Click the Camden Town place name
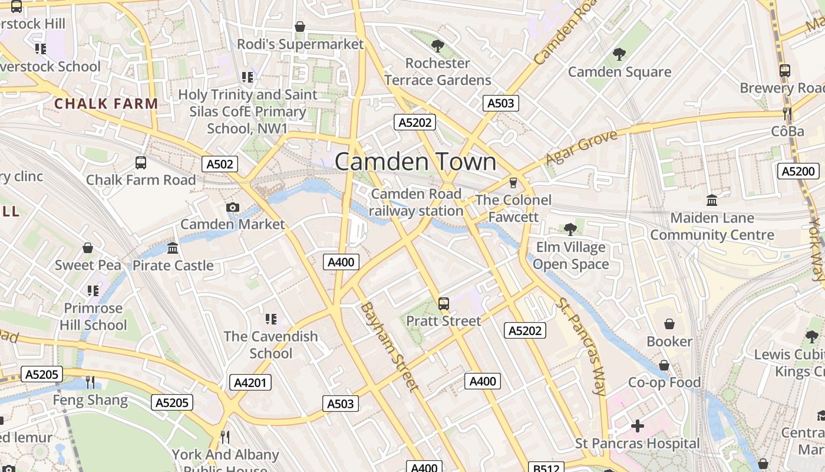click(415, 162)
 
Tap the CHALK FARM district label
click(106, 104)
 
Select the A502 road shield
click(220, 164)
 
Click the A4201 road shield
click(250, 382)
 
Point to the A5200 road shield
click(798, 172)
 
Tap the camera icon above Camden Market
click(233, 207)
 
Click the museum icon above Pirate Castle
click(173, 248)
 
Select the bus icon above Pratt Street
click(444, 304)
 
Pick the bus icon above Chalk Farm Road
click(141, 162)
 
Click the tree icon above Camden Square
click(619, 54)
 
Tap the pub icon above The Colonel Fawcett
click(513, 183)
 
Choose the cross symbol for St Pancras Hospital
click(637, 425)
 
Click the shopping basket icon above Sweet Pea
click(88, 248)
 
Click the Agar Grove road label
click(582, 148)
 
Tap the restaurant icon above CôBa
click(787, 114)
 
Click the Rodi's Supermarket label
click(301, 44)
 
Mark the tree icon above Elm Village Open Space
click(570, 229)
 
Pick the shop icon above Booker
click(669, 324)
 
